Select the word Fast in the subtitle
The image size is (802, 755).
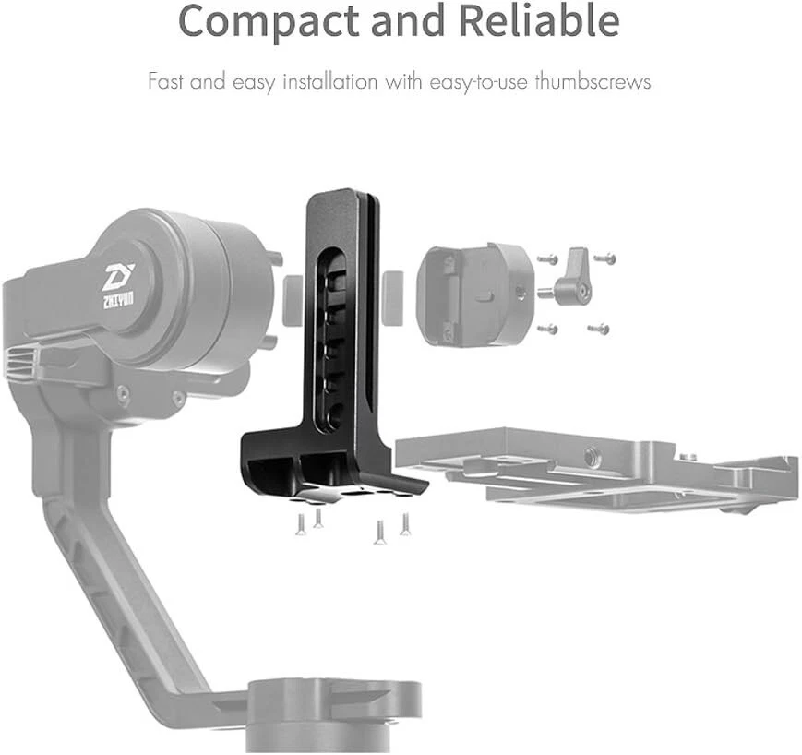(x=167, y=81)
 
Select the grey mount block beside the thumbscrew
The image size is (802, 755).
(x=473, y=294)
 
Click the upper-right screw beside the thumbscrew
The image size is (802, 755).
(x=604, y=258)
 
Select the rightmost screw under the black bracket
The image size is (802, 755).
(x=404, y=525)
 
